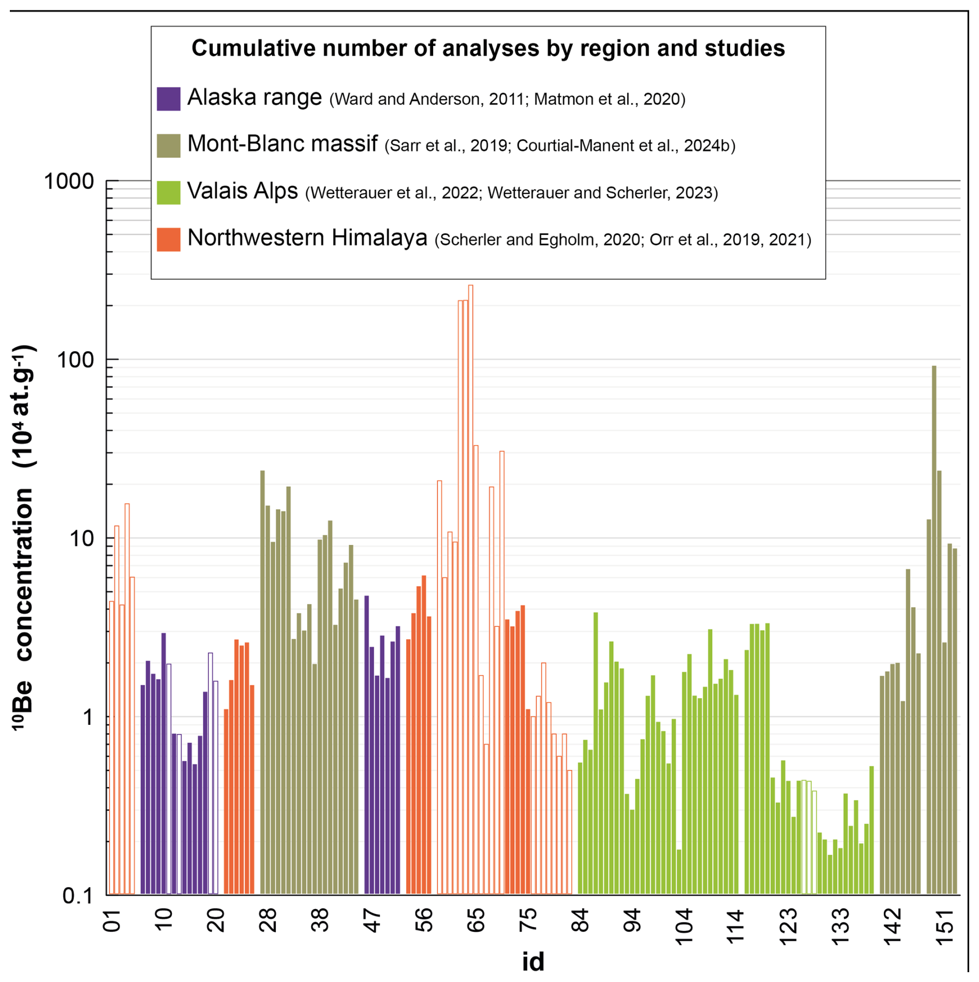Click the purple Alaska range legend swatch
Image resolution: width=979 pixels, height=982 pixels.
[169, 99]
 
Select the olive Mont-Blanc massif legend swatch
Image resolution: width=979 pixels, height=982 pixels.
[169, 145]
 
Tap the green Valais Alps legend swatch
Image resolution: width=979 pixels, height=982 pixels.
[169, 192]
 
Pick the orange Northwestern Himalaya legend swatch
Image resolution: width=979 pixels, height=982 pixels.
[169, 240]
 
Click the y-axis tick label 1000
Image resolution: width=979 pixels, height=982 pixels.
[69, 182]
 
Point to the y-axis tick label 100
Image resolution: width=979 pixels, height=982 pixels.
[76, 360]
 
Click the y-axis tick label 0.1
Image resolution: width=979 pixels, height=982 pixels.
[78, 896]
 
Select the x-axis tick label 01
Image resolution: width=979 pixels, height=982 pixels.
[112, 920]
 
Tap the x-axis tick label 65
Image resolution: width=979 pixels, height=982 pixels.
[476, 920]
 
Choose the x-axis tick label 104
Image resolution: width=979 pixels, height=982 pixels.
[684, 926]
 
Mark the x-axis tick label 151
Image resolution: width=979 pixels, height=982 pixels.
[944, 926]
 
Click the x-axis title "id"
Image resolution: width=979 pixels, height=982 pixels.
[533, 962]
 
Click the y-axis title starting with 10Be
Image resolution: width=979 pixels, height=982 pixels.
[23, 538]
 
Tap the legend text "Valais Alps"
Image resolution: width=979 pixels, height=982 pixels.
[242, 191]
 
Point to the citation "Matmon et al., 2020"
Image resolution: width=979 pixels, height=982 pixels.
[610, 99]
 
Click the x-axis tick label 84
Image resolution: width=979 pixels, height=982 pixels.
[580, 920]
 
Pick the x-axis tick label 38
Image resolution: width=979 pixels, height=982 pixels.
[320, 920]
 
